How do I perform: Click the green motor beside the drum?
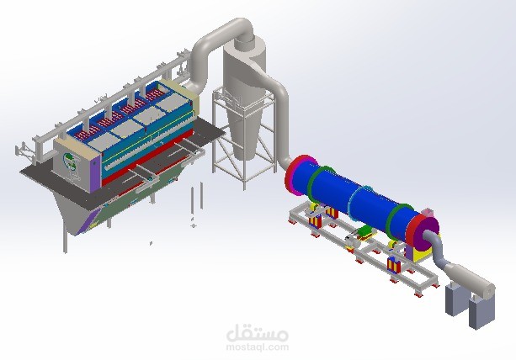(366, 231)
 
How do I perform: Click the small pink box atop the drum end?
(427, 212)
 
